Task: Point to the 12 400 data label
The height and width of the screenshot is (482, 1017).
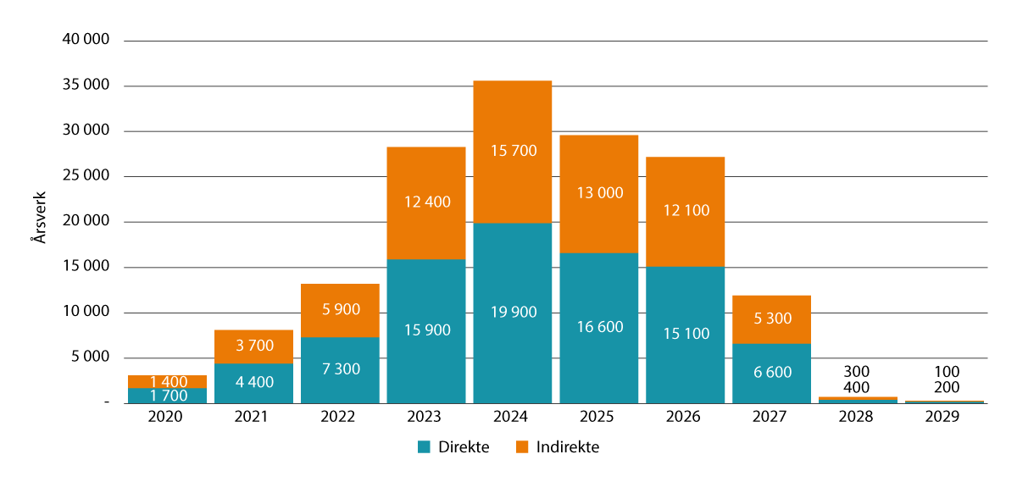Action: tap(425, 202)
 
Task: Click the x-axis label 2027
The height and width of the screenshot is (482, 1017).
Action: tap(770, 418)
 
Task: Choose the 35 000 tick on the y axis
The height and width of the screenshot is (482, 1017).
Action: tap(86, 86)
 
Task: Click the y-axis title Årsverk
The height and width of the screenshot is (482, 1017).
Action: tap(38, 222)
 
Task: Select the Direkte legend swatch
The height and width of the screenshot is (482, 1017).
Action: tap(424, 447)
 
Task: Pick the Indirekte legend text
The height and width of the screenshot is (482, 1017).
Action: tap(567, 447)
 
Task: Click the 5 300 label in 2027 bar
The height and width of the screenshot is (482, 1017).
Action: tap(770, 319)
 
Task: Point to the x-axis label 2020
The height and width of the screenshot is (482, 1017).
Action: tap(166, 418)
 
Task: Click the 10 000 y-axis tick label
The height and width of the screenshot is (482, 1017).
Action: tap(86, 312)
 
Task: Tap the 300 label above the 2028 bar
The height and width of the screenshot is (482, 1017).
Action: tap(857, 371)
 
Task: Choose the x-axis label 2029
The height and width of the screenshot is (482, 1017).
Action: tap(943, 418)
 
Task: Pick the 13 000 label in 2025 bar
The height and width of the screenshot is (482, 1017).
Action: tap(598, 192)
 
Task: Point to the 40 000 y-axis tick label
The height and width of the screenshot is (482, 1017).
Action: tap(86, 40)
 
